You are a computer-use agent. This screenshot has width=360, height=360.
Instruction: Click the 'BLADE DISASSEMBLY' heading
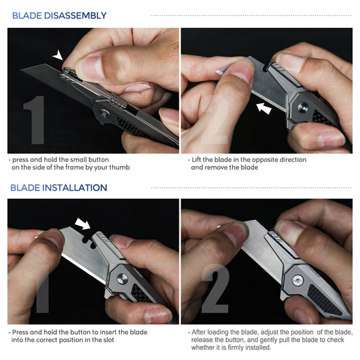(x=59, y=15)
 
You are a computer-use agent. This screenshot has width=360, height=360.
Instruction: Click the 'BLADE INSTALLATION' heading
(x=59, y=188)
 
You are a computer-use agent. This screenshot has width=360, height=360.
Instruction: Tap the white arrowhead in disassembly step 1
(x=60, y=56)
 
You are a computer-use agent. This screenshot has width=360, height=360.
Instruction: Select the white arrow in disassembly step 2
(x=265, y=106)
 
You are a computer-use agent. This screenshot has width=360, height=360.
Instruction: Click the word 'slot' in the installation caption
(x=107, y=340)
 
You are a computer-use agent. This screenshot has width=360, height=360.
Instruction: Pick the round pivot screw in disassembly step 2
(x=301, y=105)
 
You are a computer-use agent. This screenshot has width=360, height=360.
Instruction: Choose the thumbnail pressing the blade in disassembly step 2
(x=237, y=71)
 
